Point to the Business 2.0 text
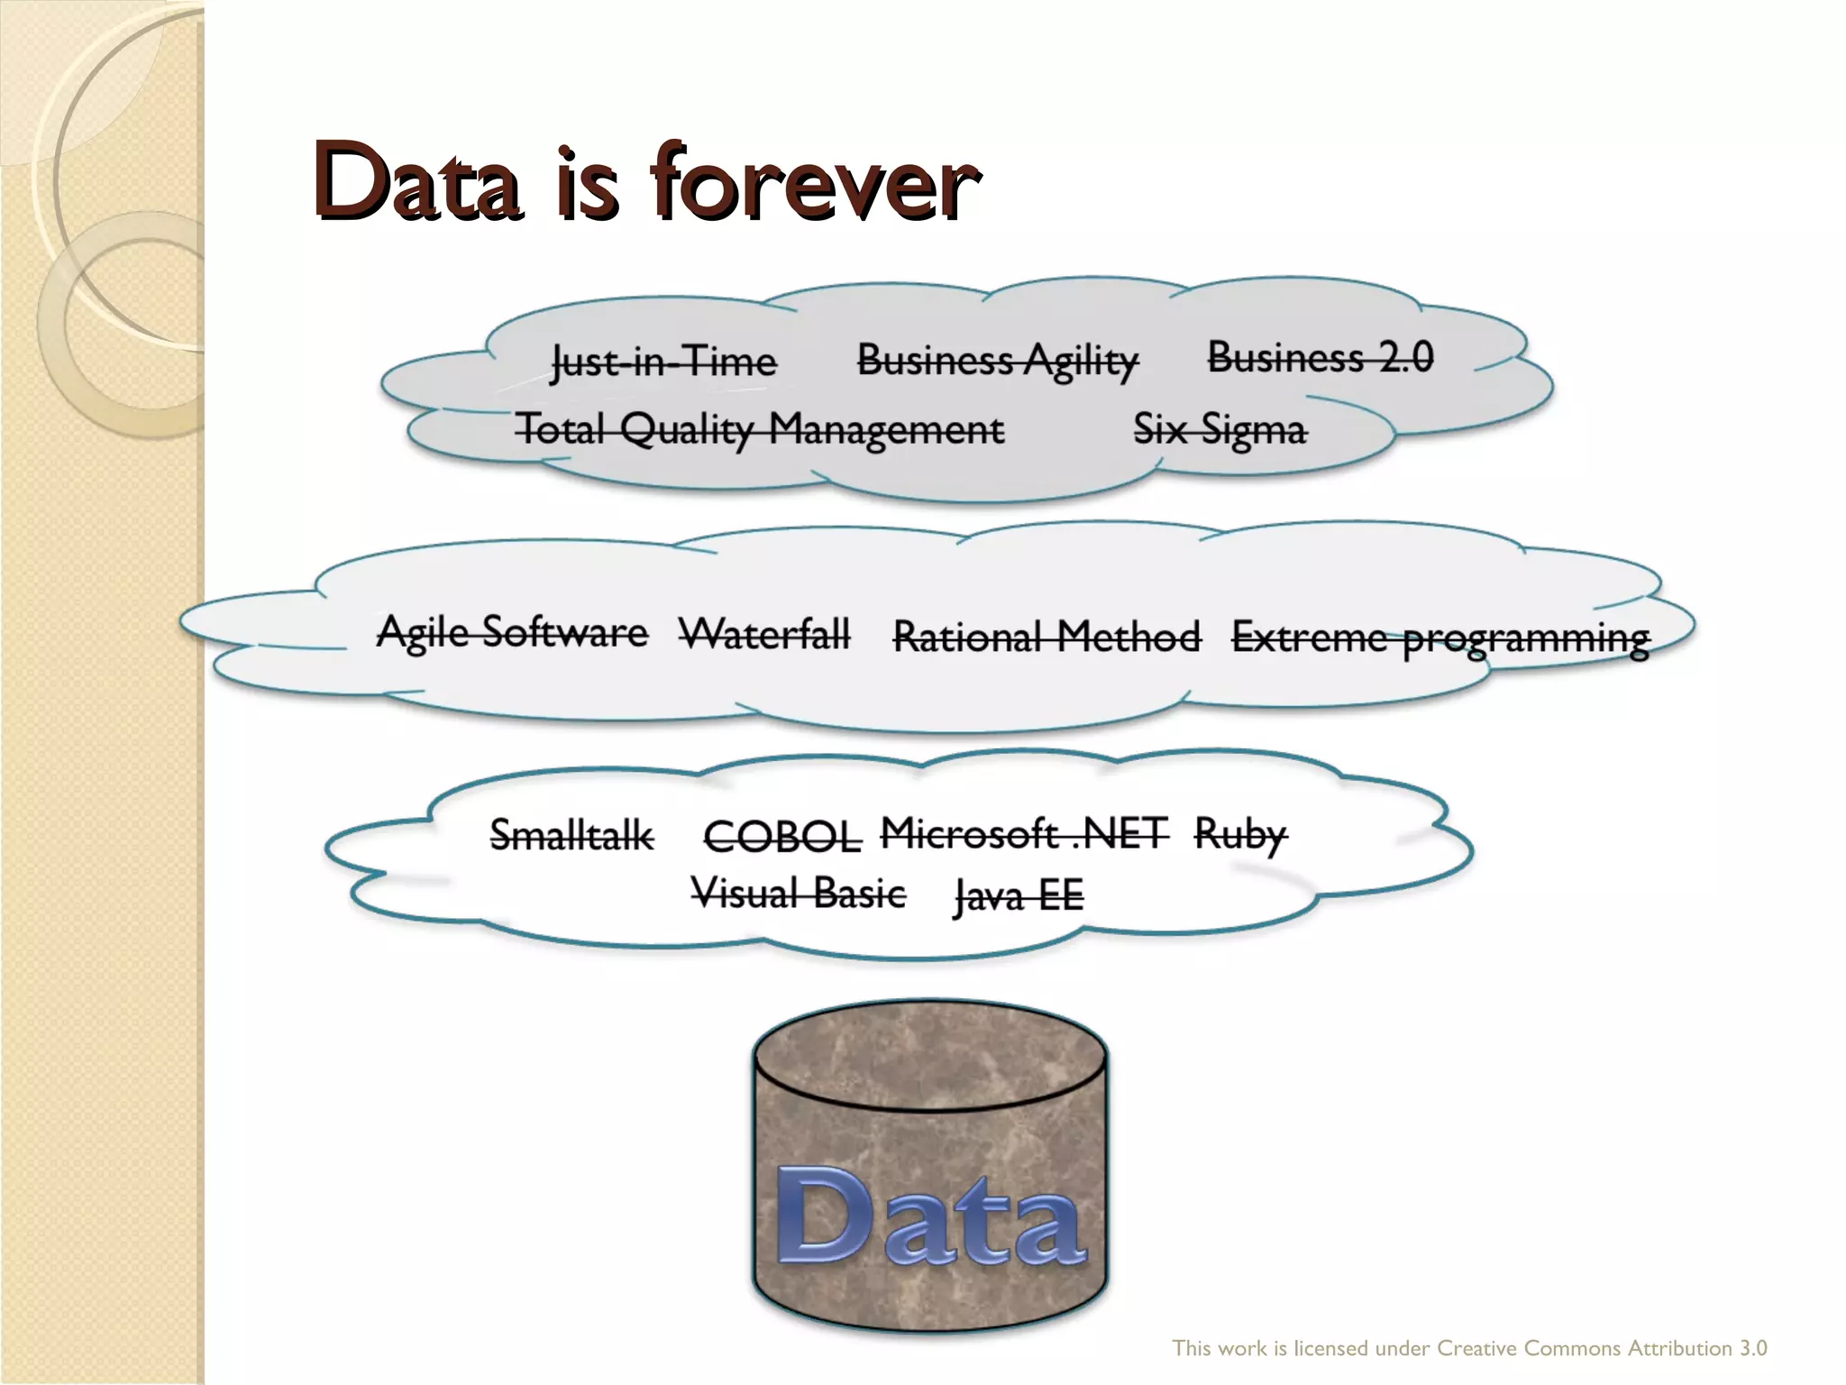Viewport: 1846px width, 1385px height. point(1320,358)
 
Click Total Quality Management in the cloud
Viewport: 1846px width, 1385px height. point(759,429)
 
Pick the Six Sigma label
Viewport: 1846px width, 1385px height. point(1219,429)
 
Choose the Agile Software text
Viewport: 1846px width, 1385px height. point(512,632)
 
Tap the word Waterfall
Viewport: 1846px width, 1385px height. point(764,634)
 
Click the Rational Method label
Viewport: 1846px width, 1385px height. point(1046,637)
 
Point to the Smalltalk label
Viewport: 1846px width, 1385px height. point(571,835)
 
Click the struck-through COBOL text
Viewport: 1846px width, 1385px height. point(781,838)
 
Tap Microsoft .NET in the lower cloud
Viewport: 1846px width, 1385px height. point(1024,833)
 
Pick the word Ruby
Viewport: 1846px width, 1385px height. point(1240,835)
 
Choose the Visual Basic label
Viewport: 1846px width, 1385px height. point(799,894)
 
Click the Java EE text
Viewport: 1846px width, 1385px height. point(1019,895)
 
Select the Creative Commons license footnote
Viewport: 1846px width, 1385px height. point(1469,1348)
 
